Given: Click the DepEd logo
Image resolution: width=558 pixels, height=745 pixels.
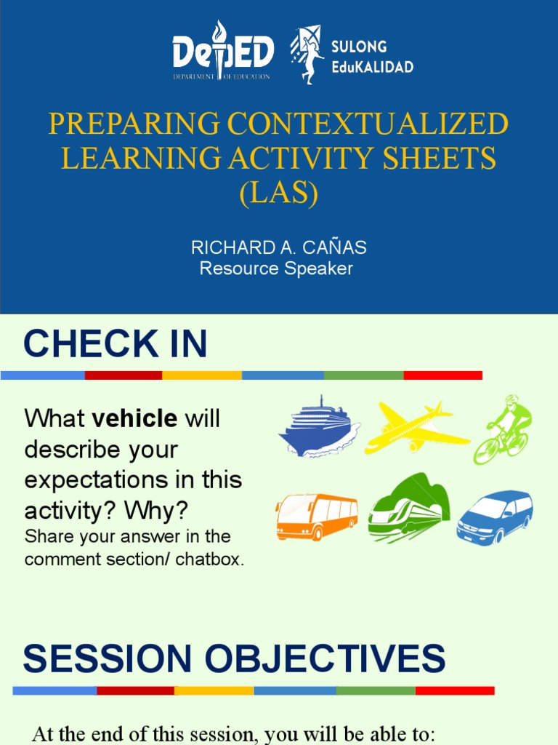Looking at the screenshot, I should click(223, 52).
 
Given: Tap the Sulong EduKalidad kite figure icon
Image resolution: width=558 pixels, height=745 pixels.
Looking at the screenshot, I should click(307, 55).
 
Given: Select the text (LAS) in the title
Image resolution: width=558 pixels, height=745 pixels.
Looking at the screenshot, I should click(278, 194).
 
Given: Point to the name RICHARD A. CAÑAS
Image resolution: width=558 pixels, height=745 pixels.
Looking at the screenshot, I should click(278, 247).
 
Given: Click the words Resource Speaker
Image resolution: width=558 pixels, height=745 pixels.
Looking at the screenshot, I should click(276, 269).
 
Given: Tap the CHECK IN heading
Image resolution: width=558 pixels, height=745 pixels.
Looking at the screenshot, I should click(115, 344).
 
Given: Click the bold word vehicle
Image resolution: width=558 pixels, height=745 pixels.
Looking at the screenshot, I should click(134, 418).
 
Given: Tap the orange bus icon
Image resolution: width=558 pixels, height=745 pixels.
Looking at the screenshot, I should click(317, 517).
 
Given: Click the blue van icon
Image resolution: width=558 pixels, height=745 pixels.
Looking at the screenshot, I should click(495, 517).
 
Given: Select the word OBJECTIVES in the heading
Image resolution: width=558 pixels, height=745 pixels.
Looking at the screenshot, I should click(325, 659).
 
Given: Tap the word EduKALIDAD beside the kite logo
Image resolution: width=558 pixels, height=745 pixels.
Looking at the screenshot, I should click(372, 67).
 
